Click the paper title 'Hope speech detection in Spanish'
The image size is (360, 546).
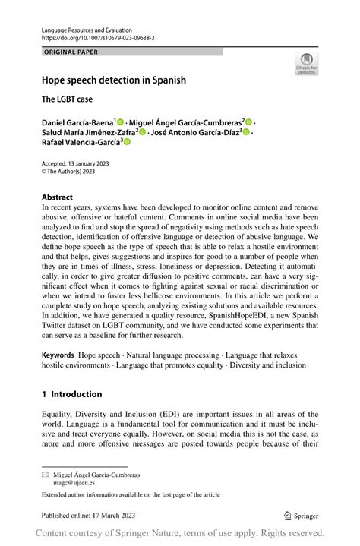tap(114, 80)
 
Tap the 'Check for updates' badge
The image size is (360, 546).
tap(306, 64)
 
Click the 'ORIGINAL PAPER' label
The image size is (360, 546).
tap(71, 52)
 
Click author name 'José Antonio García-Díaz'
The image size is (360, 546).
tap(192, 131)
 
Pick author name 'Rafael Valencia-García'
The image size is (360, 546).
tap(81, 141)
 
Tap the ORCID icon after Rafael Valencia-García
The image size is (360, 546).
tap(127, 141)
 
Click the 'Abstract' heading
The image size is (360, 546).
tap(58, 196)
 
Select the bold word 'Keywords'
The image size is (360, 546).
tap(58, 355)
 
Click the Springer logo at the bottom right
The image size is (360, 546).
tap(302, 515)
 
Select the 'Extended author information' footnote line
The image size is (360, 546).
tap(131, 494)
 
